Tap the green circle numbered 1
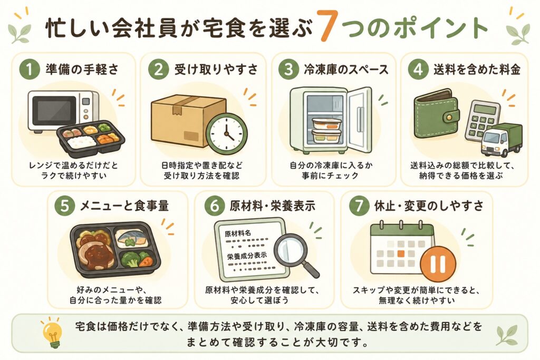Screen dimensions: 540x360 pos(30,70)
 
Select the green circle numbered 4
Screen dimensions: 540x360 pos(418,70)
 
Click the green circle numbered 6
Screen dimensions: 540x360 pos(215,206)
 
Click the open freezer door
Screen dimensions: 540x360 pos(360,119)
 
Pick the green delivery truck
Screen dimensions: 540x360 pos(501,139)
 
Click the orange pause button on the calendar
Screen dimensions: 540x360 pos(438,264)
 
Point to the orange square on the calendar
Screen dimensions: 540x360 pos(401,254)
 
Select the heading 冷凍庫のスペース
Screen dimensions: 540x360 pos(346,70)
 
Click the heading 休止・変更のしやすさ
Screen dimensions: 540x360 pos(429,206)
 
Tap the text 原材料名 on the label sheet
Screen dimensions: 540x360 pos(238,233)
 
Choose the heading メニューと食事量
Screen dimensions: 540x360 pos(124,206)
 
